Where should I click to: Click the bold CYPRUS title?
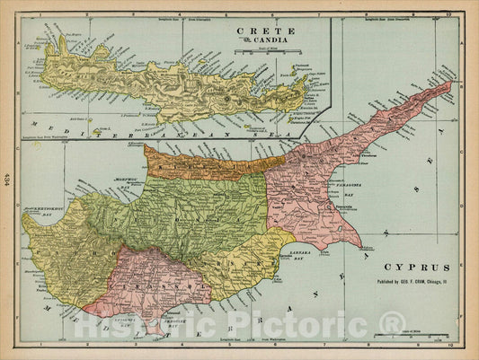411,268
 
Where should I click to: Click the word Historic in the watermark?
144,326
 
